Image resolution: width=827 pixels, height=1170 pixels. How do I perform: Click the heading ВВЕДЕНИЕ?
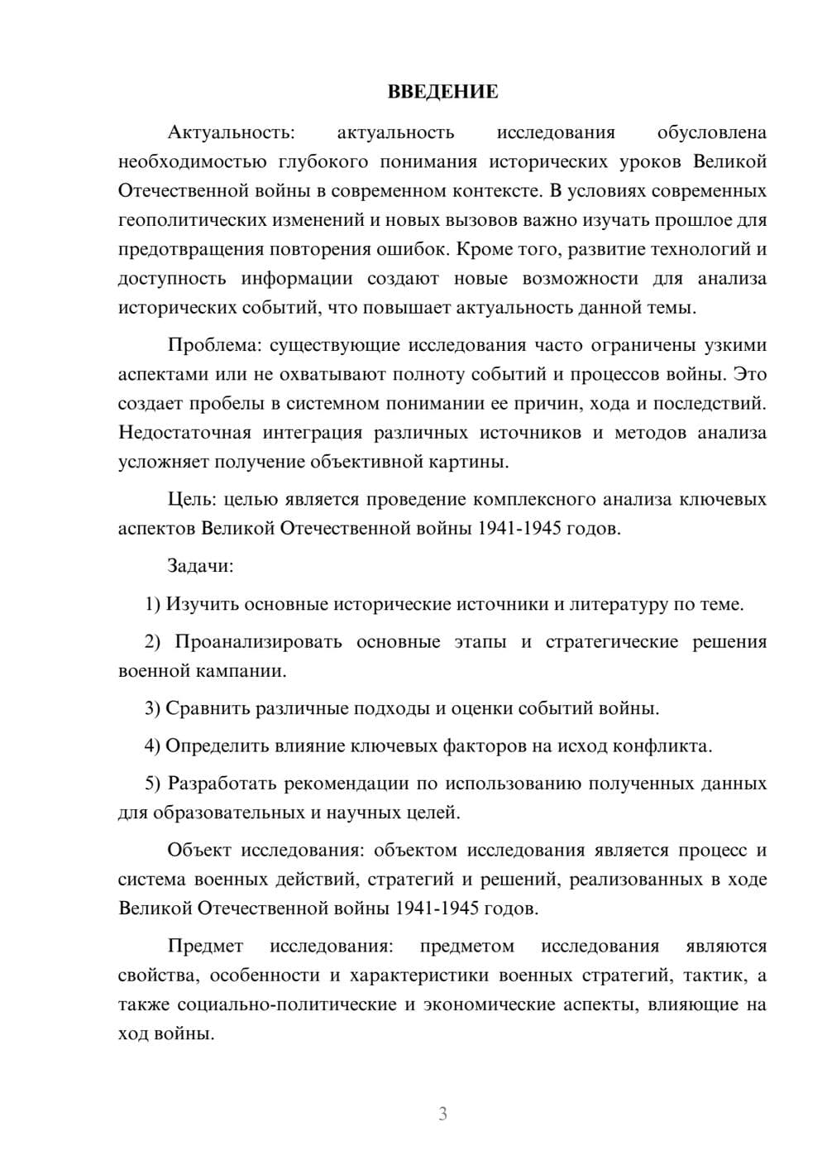pos(442,92)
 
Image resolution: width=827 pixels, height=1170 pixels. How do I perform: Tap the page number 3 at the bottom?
pos(442,1114)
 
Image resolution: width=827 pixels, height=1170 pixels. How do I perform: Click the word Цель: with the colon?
pos(193,499)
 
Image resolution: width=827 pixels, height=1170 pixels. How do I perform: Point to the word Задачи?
pos(200,566)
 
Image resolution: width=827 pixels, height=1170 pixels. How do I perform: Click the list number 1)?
pos(152,604)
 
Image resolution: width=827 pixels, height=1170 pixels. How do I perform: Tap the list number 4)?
pos(152,746)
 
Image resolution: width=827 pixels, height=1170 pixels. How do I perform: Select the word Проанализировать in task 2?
pos(258,642)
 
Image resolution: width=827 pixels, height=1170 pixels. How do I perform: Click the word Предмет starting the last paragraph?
pos(205,946)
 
